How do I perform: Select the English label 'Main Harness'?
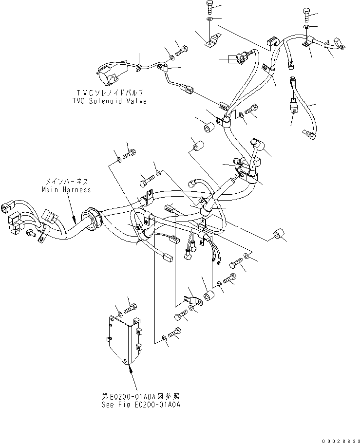pos(66,189)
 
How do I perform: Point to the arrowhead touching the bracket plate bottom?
pos(131,369)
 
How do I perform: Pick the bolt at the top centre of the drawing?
pos(209,6)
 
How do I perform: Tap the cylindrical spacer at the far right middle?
pos(278,236)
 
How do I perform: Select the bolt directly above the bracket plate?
pos(130,308)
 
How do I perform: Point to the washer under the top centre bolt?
pos(209,19)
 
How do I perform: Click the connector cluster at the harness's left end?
pos(15,214)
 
